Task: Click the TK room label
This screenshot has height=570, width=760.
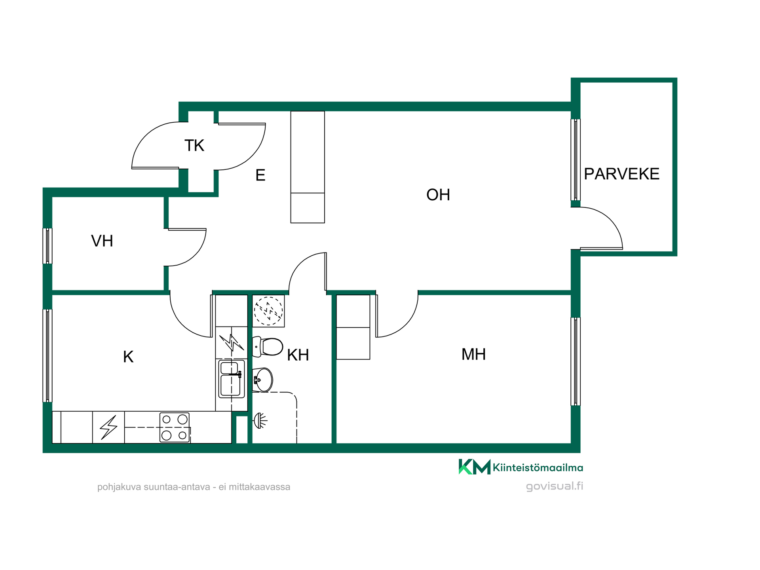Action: pos(194,146)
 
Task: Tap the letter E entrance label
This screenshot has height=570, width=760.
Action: pos(260,175)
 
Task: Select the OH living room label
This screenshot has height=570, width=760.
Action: pos(438,195)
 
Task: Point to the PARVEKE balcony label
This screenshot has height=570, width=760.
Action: pos(621,174)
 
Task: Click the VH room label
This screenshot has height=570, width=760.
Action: pos(102,241)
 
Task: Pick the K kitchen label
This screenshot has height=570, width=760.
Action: pos(128,357)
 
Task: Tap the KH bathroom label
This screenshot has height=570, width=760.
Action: pos(298,355)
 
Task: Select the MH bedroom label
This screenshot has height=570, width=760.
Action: pos(473,354)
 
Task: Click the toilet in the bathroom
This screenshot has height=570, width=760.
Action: pos(268,347)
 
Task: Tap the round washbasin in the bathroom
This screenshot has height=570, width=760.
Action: pos(263,380)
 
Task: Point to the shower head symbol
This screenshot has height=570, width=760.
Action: pos(260,420)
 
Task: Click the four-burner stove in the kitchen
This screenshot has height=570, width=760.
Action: pos(175,427)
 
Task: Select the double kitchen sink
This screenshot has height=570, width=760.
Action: pos(232,379)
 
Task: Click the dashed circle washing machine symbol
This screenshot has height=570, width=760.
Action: pos(268,311)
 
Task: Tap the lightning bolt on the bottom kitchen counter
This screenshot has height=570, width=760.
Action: pos(108,427)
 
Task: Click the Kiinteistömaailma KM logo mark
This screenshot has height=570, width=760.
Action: pos(474,467)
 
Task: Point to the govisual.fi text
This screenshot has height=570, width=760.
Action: pos(554,486)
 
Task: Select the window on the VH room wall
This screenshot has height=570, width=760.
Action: pos(47,246)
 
